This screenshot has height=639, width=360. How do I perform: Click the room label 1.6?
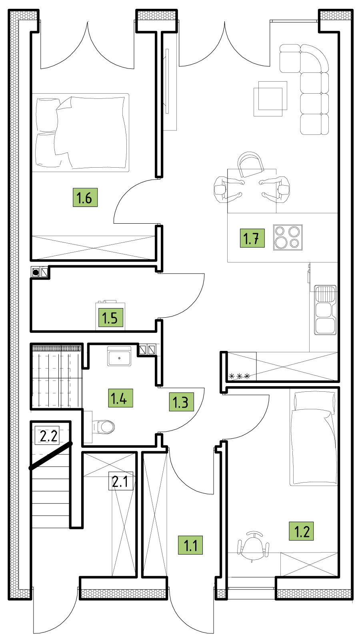click(85, 197)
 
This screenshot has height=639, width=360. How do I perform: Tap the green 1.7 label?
click(252, 238)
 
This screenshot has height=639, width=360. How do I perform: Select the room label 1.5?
click(111, 318)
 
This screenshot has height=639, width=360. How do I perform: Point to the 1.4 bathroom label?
click(120, 398)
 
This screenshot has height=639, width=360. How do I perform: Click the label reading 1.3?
click(182, 402)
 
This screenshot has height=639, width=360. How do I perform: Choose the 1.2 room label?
click(301, 531)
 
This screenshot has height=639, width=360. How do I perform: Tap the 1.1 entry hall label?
click(190, 545)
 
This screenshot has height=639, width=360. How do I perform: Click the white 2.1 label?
click(121, 481)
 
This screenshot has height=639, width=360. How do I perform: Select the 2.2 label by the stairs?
click(47, 435)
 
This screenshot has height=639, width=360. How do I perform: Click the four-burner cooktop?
click(288, 238)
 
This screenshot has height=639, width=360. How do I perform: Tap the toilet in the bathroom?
click(103, 427)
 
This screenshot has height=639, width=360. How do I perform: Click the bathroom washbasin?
click(119, 356)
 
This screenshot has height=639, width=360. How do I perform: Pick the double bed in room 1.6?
click(80, 133)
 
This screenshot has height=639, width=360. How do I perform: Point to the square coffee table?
click(270, 99)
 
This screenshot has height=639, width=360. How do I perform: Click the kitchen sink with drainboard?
click(325, 310)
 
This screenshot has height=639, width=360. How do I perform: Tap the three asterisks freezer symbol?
click(239, 376)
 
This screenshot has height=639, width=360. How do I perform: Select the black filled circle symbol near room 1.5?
click(36, 272)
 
